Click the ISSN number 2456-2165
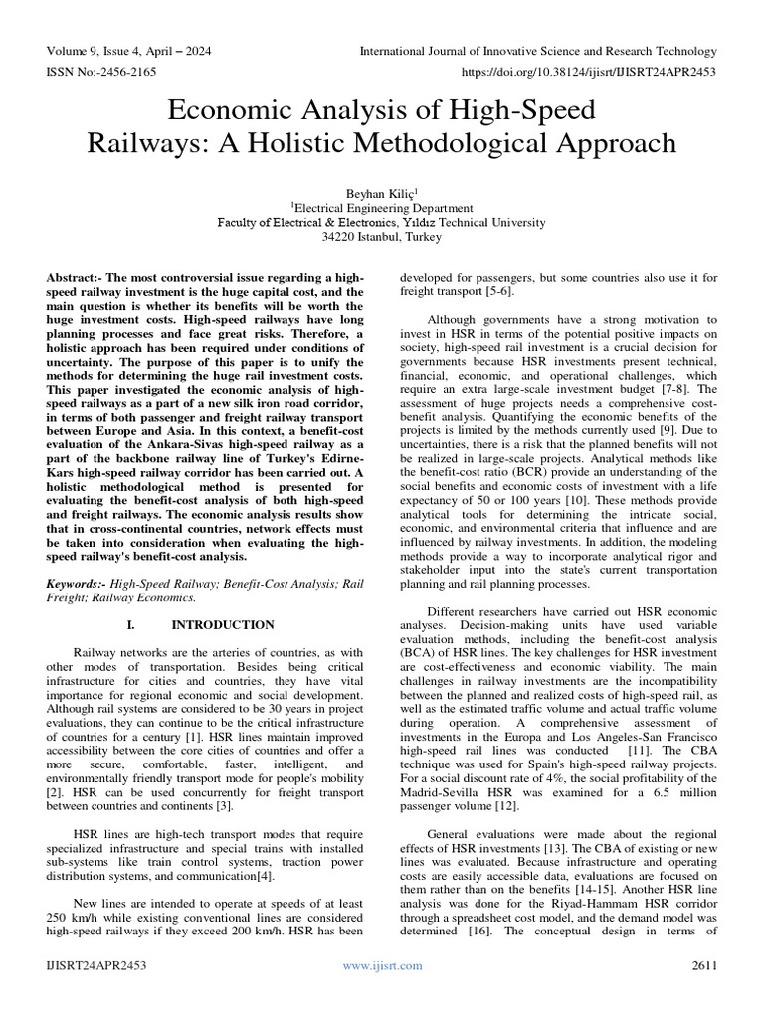[x=117, y=73]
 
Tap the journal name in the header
[x=537, y=51]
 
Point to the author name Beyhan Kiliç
[x=381, y=192]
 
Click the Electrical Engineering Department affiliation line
[x=381, y=208]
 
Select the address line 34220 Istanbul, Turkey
[x=381, y=237]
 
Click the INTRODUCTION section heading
[x=223, y=625]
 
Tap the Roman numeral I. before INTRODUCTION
[x=132, y=625]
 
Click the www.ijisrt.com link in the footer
[x=382, y=965]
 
